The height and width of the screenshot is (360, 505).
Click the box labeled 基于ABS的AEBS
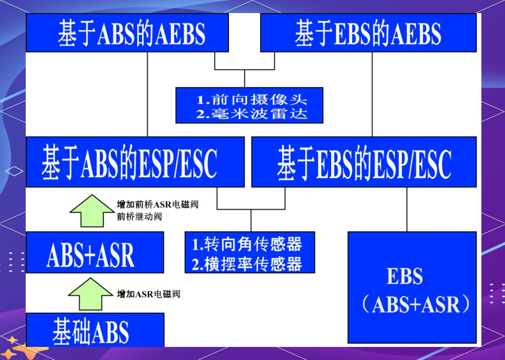[127, 32]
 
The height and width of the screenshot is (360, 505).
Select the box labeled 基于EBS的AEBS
[368, 32]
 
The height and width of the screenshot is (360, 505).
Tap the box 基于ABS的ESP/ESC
[135, 162]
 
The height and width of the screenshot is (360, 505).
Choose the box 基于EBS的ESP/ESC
[364, 162]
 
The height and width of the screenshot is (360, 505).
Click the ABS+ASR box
[95, 252]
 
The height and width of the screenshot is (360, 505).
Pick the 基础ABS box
[95, 330]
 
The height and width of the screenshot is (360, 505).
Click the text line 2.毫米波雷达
[252, 114]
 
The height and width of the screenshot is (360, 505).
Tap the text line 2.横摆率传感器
[247, 264]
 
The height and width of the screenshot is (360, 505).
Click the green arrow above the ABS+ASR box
[92, 211]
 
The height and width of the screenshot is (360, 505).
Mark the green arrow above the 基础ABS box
[91, 294]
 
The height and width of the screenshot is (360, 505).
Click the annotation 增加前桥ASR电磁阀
[157, 204]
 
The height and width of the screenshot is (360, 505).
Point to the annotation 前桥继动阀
[139, 217]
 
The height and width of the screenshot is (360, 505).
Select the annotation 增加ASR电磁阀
[149, 294]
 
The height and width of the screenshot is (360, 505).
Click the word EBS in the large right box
[405, 276]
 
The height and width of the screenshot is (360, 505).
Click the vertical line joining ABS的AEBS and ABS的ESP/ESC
[147, 94]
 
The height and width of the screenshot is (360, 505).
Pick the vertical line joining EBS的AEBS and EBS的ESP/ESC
[372, 94]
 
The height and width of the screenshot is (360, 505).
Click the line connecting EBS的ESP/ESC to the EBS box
[407, 209]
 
